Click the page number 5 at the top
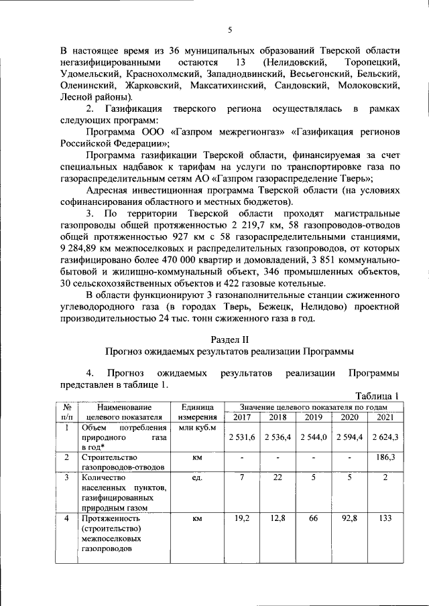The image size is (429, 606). point(229,30)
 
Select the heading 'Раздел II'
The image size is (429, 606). point(229,339)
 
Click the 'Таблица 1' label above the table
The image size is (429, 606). point(377,395)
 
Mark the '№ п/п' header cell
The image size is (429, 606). point(67,412)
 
